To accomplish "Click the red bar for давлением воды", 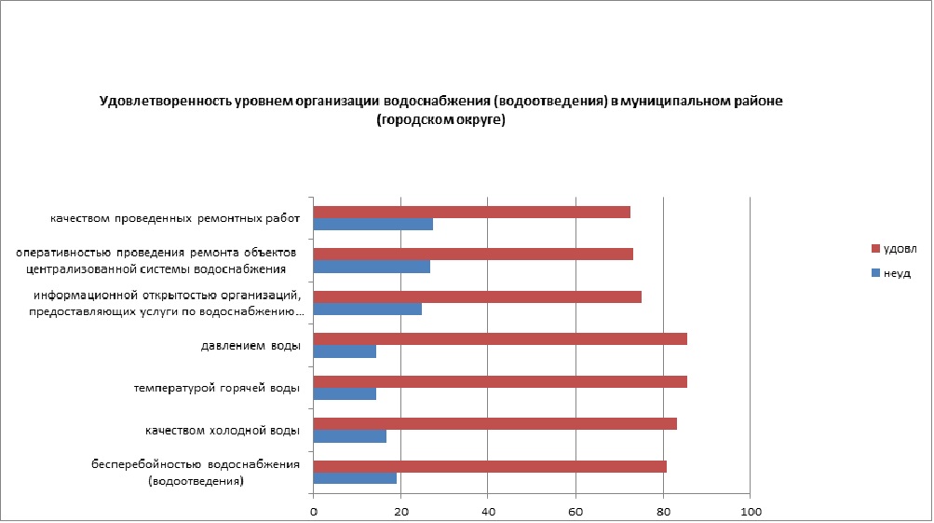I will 500,338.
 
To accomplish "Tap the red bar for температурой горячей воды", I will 500,381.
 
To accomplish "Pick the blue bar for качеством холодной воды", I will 350,436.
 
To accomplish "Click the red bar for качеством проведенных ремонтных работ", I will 472,212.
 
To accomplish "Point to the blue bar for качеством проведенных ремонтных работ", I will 373,225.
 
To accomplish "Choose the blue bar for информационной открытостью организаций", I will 368,310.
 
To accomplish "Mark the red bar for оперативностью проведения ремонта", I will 473,254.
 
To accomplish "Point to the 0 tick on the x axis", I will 314,511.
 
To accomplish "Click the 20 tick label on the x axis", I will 401,511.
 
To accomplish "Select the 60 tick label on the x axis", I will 575,511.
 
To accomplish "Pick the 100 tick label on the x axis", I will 751,511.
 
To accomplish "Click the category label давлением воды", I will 250,346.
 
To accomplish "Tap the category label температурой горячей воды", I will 217,388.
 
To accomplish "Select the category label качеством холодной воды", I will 222,431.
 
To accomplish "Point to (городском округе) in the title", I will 440,120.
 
